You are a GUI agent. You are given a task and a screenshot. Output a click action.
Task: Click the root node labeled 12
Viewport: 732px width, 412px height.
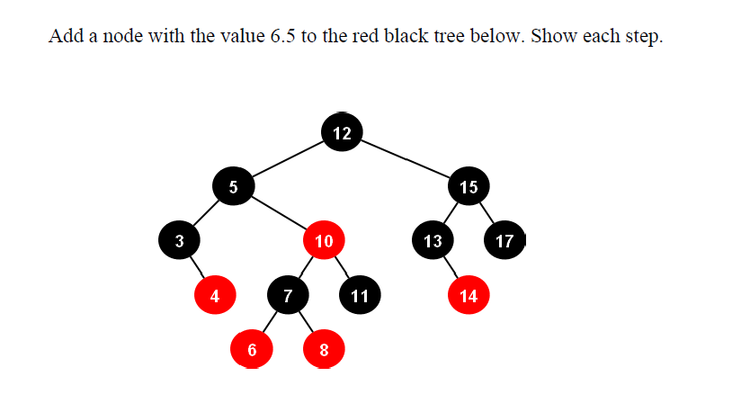[342, 133]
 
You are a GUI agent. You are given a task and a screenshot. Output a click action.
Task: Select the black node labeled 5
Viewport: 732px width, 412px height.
[234, 187]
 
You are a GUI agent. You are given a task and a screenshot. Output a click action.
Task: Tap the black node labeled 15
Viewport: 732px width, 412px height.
[469, 187]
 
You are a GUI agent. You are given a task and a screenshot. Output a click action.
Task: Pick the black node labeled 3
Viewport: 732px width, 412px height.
[180, 240]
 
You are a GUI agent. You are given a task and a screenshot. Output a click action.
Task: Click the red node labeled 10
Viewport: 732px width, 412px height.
[325, 240]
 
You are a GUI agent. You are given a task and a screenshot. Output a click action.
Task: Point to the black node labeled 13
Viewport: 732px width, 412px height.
[433, 240]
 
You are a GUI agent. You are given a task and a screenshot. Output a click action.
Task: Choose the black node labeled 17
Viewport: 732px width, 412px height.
[504, 240]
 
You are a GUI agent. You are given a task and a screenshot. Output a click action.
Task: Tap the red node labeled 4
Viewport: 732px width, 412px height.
[215, 295]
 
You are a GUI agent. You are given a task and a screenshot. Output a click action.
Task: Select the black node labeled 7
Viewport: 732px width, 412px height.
[288, 295]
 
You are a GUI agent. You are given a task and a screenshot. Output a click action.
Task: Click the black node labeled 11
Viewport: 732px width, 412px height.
[360, 295]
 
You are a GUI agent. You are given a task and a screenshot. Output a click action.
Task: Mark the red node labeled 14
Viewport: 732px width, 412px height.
[469, 295]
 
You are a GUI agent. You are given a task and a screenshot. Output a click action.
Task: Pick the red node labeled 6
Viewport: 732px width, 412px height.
[252, 350]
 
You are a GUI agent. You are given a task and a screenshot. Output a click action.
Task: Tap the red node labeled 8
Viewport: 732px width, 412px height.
[324, 350]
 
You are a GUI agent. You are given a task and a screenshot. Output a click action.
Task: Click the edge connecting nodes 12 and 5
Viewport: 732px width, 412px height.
[288, 160]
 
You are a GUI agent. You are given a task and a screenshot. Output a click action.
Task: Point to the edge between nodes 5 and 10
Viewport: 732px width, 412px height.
[279, 214]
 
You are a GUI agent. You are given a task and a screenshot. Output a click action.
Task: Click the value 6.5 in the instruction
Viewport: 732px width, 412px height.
[282, 38]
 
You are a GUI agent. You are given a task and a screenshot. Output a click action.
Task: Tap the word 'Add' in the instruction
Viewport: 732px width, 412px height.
[66, 38]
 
